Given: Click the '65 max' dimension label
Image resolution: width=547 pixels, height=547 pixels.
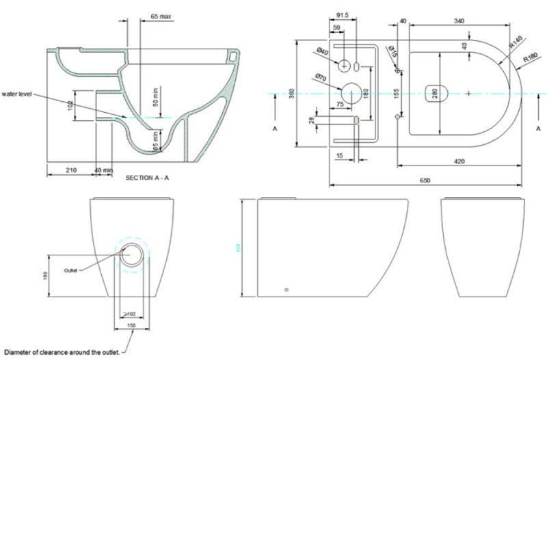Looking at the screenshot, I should click(161, 15).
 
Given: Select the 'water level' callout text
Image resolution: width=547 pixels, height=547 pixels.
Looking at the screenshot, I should click(17, 94).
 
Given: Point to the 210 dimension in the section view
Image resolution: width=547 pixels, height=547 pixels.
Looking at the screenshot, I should click(70, 169).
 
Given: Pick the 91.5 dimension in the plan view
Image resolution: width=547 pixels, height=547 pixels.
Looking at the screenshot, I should click(343, 14).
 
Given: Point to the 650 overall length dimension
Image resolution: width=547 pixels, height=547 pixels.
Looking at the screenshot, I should click(425, 181).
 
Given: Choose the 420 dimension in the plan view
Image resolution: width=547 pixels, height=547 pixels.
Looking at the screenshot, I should click(459, 161).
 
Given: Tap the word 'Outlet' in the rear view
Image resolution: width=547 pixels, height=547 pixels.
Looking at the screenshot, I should click(71, 271).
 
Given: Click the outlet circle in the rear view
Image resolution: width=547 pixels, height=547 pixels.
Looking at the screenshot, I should click(133, 256).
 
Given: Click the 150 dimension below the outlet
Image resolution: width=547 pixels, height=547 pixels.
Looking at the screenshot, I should click(132, 325).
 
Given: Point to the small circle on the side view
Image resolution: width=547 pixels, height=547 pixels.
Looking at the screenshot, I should click(287, 289).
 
